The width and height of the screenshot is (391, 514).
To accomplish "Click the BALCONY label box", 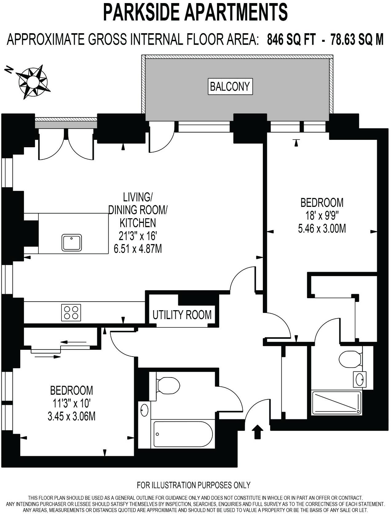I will (230, 86).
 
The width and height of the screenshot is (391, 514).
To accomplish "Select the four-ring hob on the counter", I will (71, 312).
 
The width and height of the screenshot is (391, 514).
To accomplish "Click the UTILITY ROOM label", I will (182, 315).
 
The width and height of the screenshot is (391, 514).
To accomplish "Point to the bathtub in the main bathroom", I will (183, 434).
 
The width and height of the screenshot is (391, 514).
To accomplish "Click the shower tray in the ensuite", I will (336, 402).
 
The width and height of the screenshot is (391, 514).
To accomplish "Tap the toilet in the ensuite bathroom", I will (350, 358).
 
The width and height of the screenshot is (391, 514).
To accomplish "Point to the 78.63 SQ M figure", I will (357, 40).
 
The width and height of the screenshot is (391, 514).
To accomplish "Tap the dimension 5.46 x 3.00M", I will (322, 229).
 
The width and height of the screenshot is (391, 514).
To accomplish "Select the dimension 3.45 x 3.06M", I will (71, 417).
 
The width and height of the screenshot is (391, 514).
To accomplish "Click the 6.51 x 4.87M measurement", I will (138, 248).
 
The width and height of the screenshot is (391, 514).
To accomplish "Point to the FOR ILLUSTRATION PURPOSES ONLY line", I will (193, 485).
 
